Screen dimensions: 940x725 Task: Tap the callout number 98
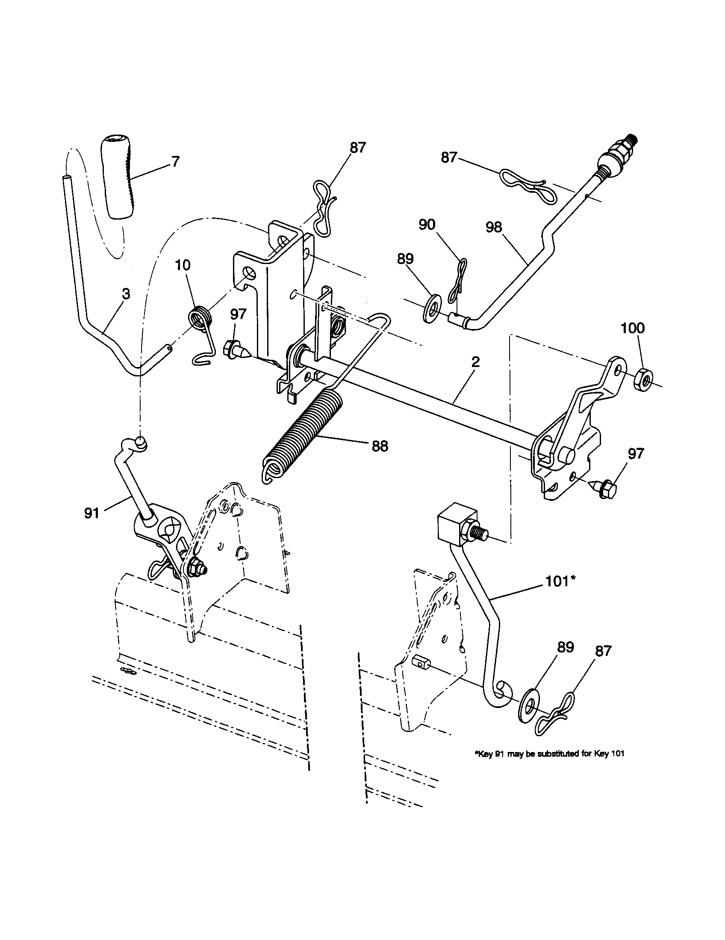point(494,227)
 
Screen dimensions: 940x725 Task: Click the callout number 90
point(427,225)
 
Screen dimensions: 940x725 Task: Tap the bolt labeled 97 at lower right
point(605,488)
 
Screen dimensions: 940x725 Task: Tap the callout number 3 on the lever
point(125,294)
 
